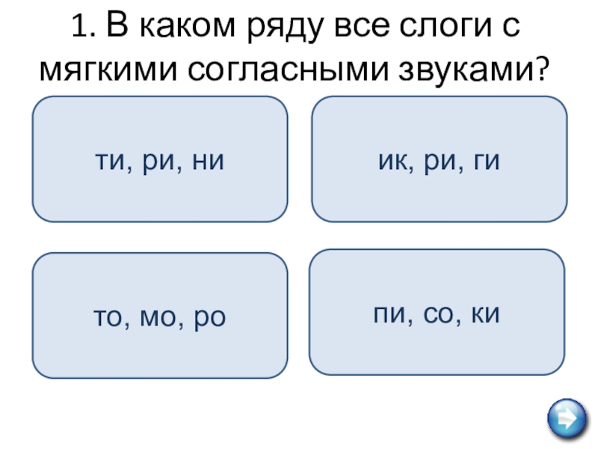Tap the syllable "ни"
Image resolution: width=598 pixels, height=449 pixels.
tap(209, 159)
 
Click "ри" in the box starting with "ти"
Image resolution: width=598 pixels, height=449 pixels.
tap(158, 159)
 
